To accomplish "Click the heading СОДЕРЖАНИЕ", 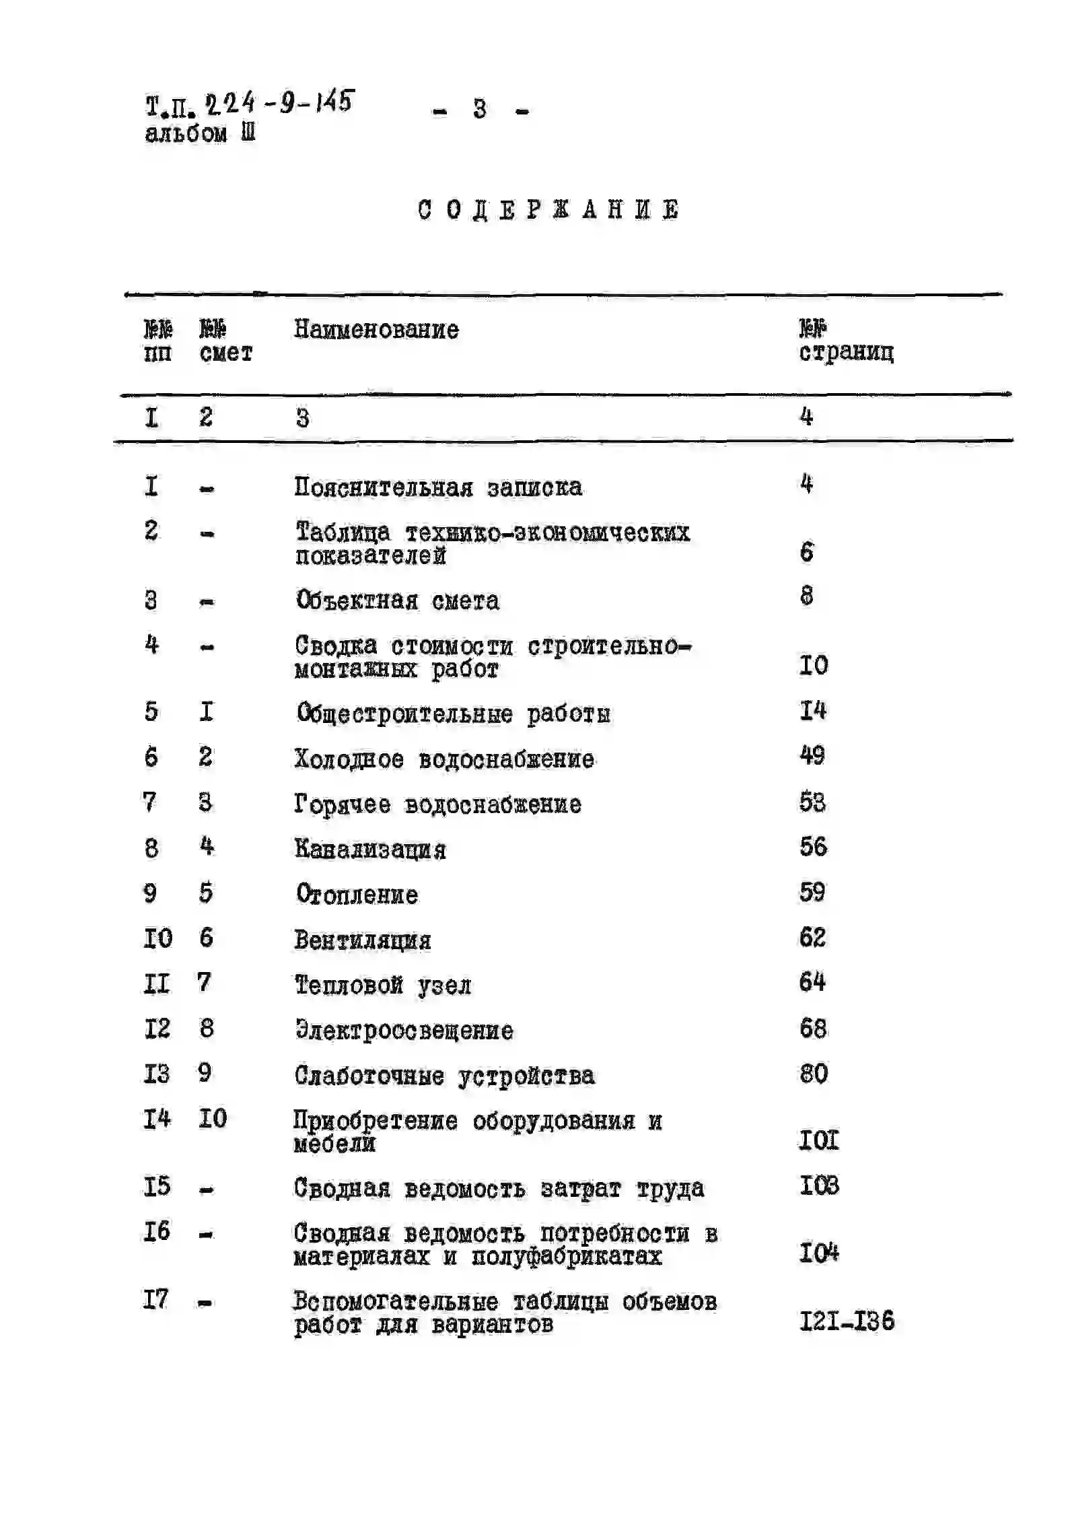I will click(x=548, y=210).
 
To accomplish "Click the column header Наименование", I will click(x=376, y=330).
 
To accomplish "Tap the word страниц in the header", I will click(x=846, y=352).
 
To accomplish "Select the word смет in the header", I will click(x=225, y=353).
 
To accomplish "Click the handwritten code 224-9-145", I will click(x=279, y=103).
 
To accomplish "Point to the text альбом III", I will click(x=200, y=133).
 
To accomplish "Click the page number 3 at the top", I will click(x=480, y=109).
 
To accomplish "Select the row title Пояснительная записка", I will click(x=438, y=487).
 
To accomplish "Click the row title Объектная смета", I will click(x=398, y=600).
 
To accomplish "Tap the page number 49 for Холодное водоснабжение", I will click(x=812, y=755).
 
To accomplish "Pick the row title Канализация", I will click(x=370, y=850).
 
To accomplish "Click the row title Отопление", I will click(x=357, y=895).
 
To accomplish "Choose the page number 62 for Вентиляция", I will click(x=812, y=937).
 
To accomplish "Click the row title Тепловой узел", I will click(x=383, y=985).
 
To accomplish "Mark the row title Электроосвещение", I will click(x=404, y=1031).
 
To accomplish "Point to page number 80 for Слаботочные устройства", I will click(x=813, y=1074).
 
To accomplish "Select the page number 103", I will click(x=819, y=1185).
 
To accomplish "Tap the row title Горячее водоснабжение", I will click(x=437, y=804).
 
